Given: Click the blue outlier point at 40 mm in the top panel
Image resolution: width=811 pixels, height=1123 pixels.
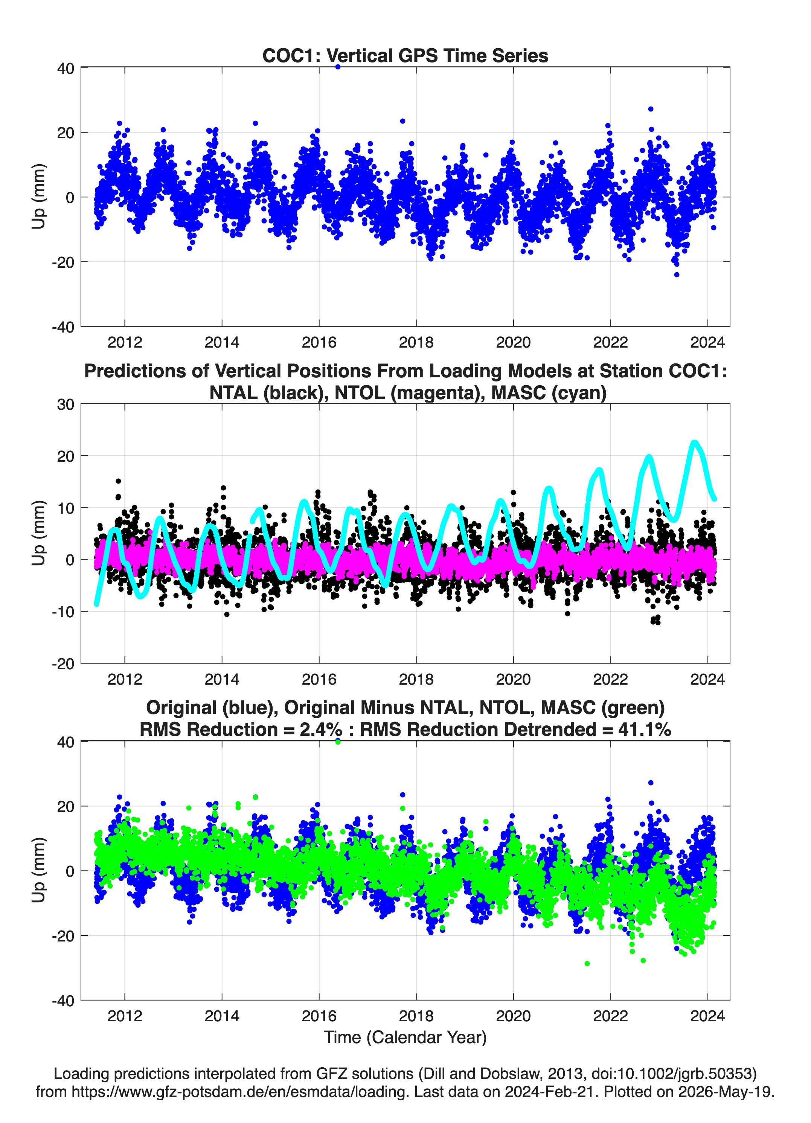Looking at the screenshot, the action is coord(338,67).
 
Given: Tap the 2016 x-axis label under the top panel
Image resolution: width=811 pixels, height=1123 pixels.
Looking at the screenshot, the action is coord(319,342).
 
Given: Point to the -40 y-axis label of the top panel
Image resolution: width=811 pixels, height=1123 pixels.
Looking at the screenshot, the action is coord(63,327).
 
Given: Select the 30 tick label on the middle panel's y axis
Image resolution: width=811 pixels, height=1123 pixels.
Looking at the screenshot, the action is coord(66,404).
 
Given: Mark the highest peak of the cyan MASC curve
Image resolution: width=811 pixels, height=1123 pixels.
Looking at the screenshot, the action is coord(694,442).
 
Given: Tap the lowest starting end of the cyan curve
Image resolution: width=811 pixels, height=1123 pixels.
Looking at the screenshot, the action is coord(96,604).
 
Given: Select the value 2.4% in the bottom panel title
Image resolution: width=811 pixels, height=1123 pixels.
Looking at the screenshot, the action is coord(321,729).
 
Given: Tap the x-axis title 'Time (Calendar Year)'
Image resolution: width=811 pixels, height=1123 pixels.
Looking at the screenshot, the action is coord(405,1038).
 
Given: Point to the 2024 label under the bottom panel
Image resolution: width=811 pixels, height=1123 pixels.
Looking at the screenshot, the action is coord(707,1016).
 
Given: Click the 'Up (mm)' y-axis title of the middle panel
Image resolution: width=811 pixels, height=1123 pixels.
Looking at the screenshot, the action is coord(39,533).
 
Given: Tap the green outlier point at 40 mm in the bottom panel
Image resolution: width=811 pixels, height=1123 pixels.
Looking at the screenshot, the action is coord(338,742).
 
